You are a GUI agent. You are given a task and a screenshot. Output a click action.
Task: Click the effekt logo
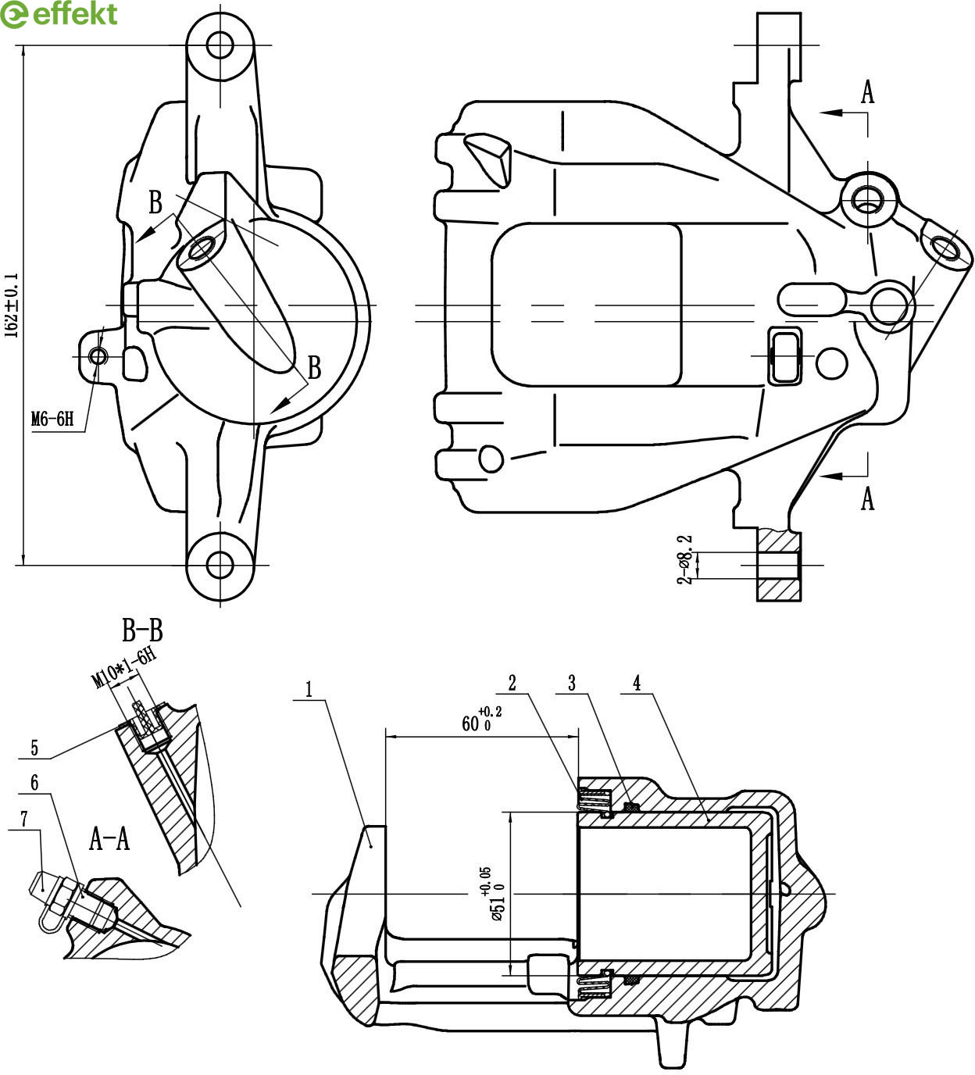59,14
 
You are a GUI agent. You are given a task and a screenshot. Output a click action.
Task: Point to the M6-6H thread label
52,420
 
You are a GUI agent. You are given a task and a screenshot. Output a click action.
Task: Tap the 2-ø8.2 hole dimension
685,559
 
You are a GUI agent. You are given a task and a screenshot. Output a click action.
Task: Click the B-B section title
142,630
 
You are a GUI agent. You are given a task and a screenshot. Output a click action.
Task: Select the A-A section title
109,839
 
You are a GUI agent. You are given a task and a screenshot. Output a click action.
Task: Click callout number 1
309,689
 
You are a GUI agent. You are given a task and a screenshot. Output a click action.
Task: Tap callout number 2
512,683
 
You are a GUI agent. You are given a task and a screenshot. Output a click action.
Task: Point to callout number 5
34,748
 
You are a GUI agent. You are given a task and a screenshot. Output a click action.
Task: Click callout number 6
34,782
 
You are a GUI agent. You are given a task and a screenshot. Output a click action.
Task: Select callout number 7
24,819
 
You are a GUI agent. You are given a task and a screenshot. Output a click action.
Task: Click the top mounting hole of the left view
220,45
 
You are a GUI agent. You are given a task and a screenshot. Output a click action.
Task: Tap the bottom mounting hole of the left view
220,563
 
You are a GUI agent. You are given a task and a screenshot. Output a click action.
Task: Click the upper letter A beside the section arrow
867,93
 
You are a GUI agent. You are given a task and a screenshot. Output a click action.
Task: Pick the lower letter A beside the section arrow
867,498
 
